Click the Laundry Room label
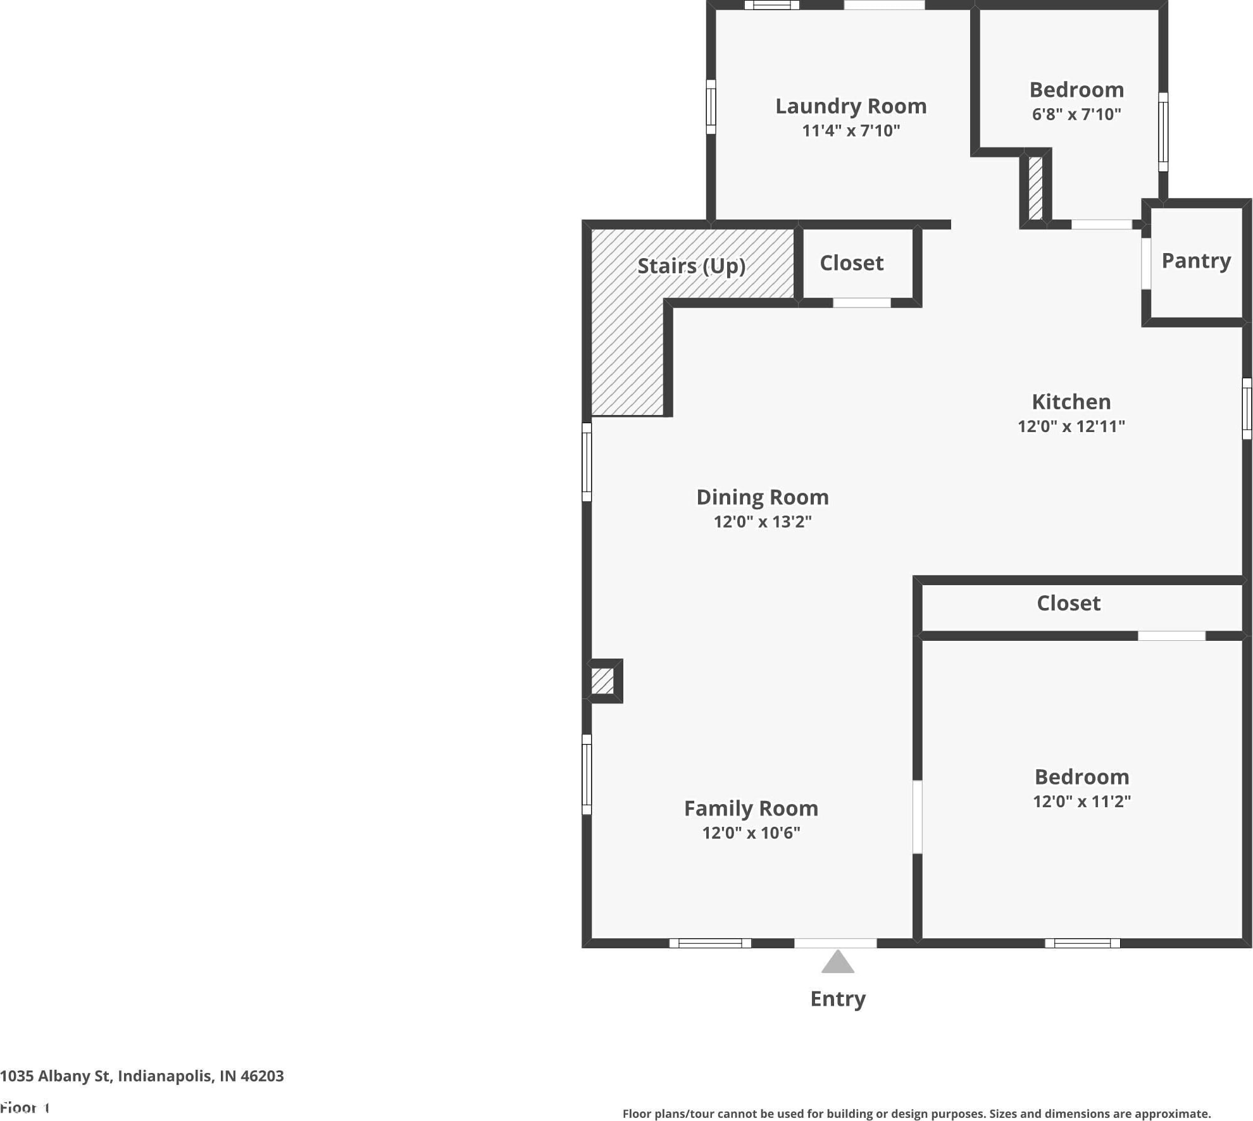point(851,106)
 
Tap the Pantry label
point(1196,261)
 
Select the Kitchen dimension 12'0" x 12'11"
point(1071,426)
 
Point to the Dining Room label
point(763,498)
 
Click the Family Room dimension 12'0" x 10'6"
point(751,833)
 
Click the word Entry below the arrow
point(838,999)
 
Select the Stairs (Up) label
point(691,266)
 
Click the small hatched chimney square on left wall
point(602,681)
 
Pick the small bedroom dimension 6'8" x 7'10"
point(1076,114)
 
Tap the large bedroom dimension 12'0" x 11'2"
point(1082,801)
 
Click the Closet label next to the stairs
point(852,263)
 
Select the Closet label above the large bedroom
point(1069,604)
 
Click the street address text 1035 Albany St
point(56,1076)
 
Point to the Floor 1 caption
point(25,1108)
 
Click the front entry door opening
point(835,943)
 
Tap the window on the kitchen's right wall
point(1247,409)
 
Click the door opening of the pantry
point(1146,264)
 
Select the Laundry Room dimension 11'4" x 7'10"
point(851,130)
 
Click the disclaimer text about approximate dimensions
point(916,1114)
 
